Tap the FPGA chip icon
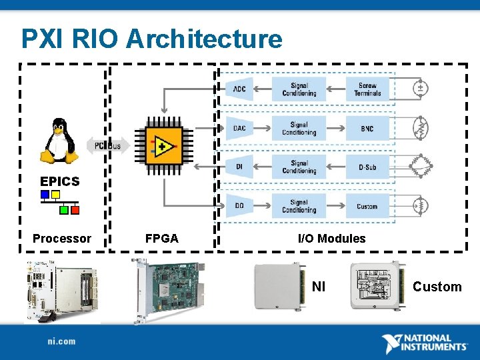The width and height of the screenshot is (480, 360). click(163, 145)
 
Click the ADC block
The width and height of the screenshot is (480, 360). click(240, 89)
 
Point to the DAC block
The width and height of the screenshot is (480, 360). click(240, 128)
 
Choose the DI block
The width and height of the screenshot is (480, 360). click(240, 167)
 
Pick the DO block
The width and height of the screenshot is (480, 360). click(240, 206)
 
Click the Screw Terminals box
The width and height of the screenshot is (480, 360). click(367, 89)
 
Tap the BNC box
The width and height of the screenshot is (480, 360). click(367, 128)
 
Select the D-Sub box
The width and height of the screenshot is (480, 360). click(367, 167)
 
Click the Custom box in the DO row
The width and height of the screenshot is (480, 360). click(367, 206)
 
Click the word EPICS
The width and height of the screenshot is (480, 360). click(59, 181)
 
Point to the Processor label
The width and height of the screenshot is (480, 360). click(62, 239)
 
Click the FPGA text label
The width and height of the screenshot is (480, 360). click(162, 239)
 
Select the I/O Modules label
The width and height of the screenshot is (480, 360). click(331, 239)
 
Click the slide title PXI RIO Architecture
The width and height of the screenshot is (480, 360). click(152, 39)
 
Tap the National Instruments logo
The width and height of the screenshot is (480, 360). click(425, 343)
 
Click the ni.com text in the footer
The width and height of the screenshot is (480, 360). click(61, 341)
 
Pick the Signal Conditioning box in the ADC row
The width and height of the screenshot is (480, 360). click(299, 89)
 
